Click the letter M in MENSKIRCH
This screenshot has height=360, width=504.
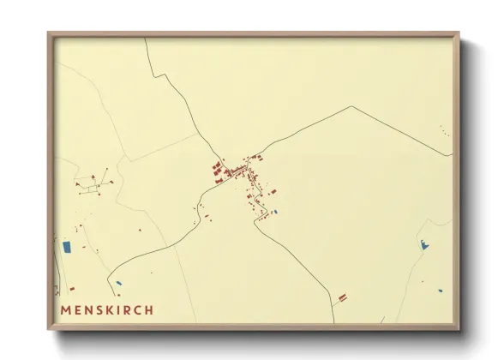(67, 309)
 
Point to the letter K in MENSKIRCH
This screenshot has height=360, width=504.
(108, 309)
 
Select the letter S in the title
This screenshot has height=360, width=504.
(98, 309)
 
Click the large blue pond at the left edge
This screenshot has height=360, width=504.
(67, 247)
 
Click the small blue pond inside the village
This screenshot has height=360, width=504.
(274, 211)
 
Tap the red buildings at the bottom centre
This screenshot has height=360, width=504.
(342, 297)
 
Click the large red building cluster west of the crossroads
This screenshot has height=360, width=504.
(218, 171)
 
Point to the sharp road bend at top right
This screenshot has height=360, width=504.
(351, 107)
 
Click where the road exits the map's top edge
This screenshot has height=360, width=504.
(145, 39)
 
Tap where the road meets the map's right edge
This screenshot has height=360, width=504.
(452, 155)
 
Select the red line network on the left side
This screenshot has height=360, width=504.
(90, 184)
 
